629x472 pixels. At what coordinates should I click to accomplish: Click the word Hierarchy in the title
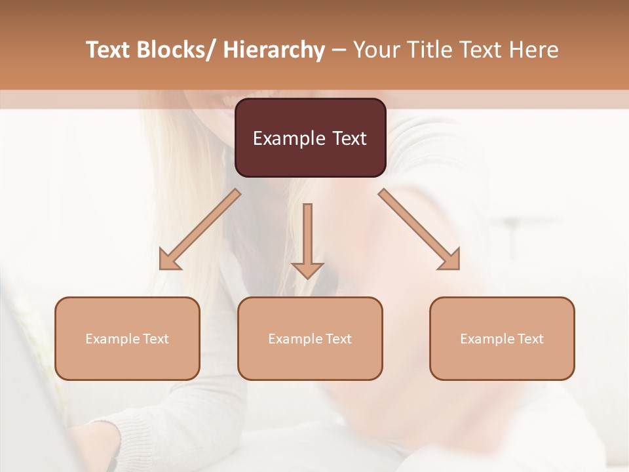tap(274, 50)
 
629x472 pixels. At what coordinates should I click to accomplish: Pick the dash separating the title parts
tap(338, 51)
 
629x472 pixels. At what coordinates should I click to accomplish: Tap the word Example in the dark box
tap(288, 138)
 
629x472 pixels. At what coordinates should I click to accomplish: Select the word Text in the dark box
tap(349, 138)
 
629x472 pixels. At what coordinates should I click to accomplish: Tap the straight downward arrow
tap(307, 236)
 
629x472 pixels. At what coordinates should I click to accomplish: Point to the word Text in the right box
tap(530, 339)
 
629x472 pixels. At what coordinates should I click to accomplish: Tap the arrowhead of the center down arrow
tap(307, 269)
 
